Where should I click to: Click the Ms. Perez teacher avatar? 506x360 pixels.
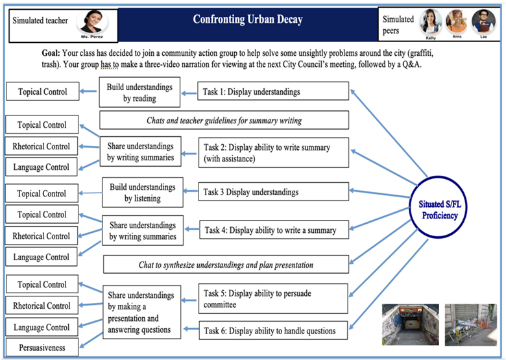(x=93, y=20)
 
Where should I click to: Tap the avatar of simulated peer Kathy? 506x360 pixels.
(x=430, y=21)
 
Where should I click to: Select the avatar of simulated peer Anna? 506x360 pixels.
(x=457, y=21)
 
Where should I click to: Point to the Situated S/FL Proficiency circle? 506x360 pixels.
(x=448, y=209)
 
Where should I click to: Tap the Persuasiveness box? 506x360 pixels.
(x=42, y=348)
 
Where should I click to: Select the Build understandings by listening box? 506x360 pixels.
(x=142, y=193)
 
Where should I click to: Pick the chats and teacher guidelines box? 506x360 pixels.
(x=224, y=120)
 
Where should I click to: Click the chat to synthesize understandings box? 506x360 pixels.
(x=226, y=265)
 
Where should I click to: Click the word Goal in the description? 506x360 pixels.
(x=51, y=52)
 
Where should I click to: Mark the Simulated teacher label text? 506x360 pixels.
(x=40, y=20)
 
